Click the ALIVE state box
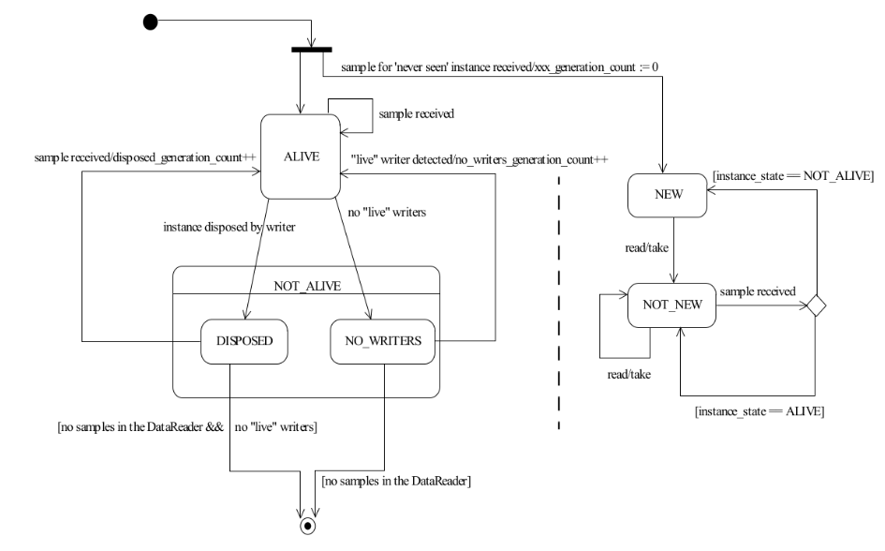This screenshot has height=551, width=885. [x=301, y=156]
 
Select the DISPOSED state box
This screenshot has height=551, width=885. [x=244, y=341]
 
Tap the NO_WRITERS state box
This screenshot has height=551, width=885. [x=383, y=341]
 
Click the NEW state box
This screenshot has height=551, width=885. [x=668, y=195]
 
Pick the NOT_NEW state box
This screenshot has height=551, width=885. [x=671, y=305]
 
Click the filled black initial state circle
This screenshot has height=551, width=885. [x=150, y=22]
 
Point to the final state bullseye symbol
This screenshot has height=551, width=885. [x=307, y=526]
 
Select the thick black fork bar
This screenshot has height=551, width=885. [x=312, y=50]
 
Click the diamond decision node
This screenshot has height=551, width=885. [x=816, y=305]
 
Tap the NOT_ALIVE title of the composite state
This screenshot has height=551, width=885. [x=307, y=286]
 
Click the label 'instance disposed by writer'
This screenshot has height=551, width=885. [x=229, y=227]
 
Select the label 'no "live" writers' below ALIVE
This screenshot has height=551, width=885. [x=387, y=213]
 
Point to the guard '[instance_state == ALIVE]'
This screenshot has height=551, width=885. [x=760, y=411]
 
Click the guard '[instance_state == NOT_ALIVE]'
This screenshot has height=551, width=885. [x=793, y=176]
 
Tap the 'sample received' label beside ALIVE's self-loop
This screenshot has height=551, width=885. [x=417, y=114]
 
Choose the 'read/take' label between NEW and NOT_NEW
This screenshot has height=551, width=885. [x=647, y=247]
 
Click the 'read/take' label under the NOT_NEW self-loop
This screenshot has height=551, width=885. [x=628, y=374]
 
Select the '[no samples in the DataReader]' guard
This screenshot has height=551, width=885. [x=396, y=481]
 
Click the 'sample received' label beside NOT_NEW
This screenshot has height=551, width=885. [x=758, y=291]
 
